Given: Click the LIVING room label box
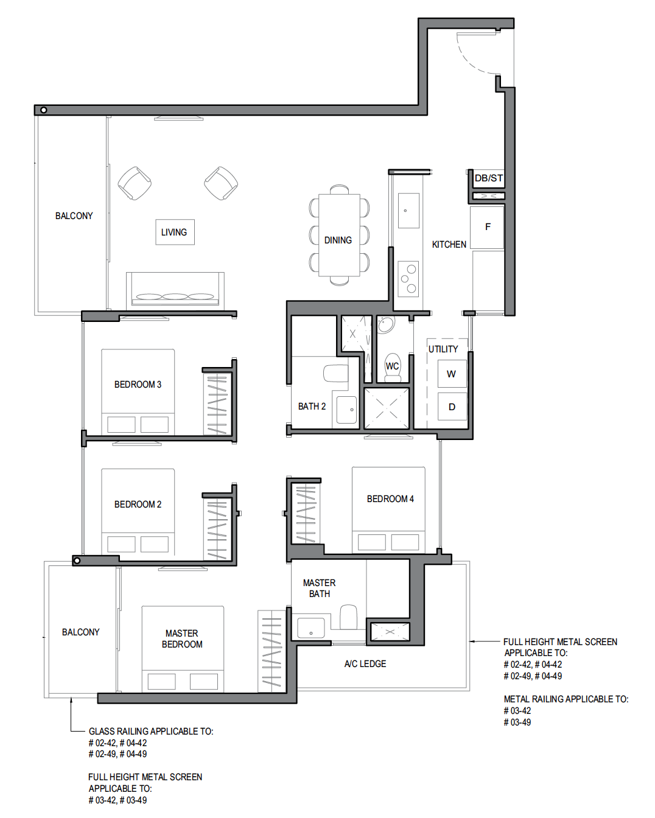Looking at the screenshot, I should [175, 232].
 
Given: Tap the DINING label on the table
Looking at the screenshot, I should [338, 240].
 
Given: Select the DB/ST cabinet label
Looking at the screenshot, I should [488, 178].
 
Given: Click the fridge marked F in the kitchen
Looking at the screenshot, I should [487, 227].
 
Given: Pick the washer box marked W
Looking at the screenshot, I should [452, 374].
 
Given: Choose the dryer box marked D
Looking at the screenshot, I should [452, 407].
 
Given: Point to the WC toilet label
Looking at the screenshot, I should [392, 366].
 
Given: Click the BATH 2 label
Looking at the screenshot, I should [312, 406].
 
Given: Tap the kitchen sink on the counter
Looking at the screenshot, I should [408, 211].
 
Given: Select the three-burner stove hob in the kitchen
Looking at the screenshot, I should [408, 278].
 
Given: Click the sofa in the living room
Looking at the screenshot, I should [175, 291].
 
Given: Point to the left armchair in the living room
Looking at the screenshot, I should [135, 183].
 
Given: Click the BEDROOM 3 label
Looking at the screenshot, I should [138, 385].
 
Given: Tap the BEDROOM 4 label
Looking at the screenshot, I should [390, 499].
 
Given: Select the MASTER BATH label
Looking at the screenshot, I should [319, 589].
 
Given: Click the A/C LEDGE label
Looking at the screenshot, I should [365, 664].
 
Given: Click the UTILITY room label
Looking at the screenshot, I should [443, 349].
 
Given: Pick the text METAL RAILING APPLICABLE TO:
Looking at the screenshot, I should [566, 699].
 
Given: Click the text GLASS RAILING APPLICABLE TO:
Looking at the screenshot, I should [151, 732].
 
